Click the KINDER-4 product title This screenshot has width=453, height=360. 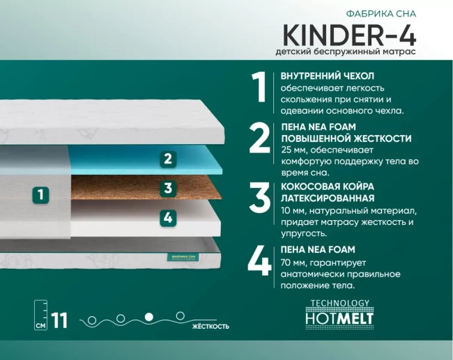[x=349, y=35]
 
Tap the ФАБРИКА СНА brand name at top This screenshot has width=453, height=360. [x=381, y=13]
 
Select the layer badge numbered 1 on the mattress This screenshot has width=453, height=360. [x=40, y=194]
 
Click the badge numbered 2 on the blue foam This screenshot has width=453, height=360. [x=168, y=159]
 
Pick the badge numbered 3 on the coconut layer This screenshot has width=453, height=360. [x=168, y=189]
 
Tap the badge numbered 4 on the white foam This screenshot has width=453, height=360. [x=168, y=218]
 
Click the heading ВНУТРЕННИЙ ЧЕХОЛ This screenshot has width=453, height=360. [x=328, y=76]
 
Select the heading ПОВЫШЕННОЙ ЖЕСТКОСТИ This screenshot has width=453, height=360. [x=346, y=139]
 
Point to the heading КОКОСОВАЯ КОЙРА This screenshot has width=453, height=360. [x=328, y=187]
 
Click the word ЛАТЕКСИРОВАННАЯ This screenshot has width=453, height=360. [x=328, y=198]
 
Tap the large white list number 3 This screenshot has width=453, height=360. [x=260, y=198]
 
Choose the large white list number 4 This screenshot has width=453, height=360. [x=259, y=260]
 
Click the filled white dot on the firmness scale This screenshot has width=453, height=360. [x=148, y=317]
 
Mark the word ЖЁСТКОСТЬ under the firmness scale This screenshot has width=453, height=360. [x=210, y=327]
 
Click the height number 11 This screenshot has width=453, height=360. [x=59, y=320]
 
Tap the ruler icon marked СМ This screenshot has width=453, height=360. [x=40, y=315]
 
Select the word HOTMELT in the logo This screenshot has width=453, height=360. [x=339, y=318]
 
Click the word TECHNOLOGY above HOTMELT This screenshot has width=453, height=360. [x=340, y=303]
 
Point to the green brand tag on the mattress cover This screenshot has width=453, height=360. [x=183, y=258]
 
